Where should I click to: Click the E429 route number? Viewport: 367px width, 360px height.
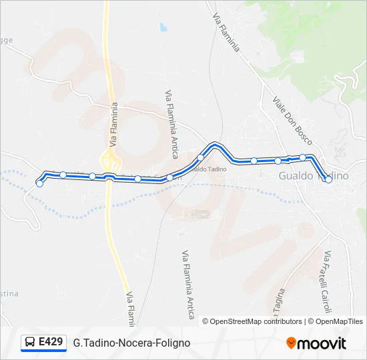[x=51, y=342]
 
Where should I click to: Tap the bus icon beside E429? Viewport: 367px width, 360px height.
[x=31, y=343]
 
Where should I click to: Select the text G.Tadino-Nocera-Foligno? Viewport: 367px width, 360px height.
[x=131, y=343]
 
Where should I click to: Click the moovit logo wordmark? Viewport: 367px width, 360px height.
[x=322, y=343]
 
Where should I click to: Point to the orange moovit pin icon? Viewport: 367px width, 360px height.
[x=291, y=343]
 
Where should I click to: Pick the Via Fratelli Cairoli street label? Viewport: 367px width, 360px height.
[x=326, y=281]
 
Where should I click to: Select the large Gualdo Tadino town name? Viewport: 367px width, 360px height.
[x=313, y=175]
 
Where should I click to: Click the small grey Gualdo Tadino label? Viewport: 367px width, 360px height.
[x=208, y=169]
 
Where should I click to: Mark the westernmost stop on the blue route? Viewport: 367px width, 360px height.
[x=39, y=184]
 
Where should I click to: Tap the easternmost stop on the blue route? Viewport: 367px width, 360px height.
[x=328, y=179]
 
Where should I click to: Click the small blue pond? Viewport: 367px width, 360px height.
[x=163, y=28]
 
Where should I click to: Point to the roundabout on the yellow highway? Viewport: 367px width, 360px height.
[x=109, y=159]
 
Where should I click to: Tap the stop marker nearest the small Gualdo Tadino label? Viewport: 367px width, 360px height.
[x=200, y=157]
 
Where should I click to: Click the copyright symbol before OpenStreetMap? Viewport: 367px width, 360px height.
[x=206, y=321]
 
